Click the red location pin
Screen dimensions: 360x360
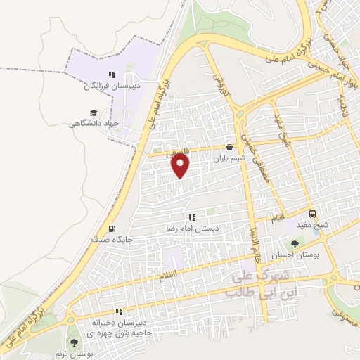[181, 165]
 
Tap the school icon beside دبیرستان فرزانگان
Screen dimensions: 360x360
[111, 75]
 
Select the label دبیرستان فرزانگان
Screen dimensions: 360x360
[112, 86]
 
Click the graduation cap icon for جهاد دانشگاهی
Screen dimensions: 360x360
[93, 112]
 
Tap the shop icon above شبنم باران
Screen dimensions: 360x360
[230, 148]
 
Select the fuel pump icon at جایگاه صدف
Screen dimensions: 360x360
[112, 229]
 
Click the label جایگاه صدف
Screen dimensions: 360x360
[112, 240]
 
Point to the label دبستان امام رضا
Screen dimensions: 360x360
[193, 229]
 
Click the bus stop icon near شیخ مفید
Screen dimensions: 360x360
[313, 214]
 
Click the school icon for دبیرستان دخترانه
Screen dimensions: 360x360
[119, 311]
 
